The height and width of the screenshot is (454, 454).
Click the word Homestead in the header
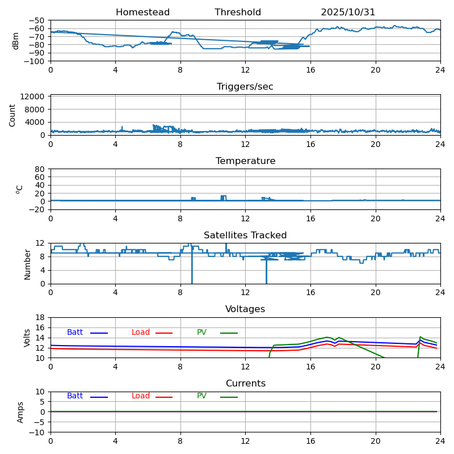click(142, 12)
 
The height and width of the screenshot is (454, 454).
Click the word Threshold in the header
click(238, 12)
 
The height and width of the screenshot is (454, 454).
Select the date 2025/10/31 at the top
click(348, 12)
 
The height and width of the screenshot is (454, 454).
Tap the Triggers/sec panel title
click(245, 87)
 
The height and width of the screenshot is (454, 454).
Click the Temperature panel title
click(245, 161)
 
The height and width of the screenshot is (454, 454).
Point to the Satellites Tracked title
click(245, 236)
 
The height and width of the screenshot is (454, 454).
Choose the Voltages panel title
click(245, 309)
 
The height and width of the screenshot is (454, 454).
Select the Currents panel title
click(245, 384)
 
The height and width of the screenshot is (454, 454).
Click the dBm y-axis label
click(16, 40)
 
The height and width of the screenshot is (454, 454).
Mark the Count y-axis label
click(12, 115)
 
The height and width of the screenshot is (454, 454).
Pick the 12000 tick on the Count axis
click(34, 97)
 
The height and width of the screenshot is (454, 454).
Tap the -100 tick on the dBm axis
click(35, 61)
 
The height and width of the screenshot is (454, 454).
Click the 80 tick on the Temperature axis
click(40, 169)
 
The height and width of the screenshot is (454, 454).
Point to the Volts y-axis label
click(27, 338)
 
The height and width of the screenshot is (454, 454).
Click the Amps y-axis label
click(20, 412)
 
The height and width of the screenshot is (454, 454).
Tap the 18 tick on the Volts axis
click(40, 318)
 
